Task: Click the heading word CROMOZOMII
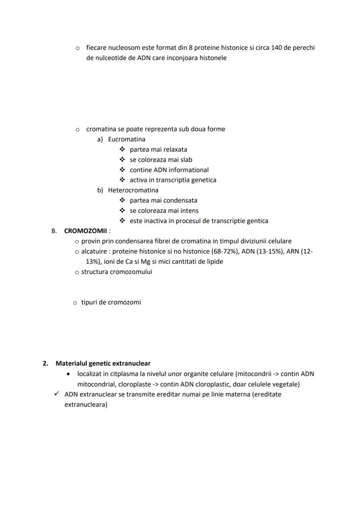(85, 231)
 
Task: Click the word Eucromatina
(127, 140)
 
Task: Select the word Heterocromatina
(133, 190)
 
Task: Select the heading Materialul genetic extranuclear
(103, 363)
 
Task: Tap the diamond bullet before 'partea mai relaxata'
(122, 150)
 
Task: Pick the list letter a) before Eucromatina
(100, 140)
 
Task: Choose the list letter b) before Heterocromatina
(100, 190)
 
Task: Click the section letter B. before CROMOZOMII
(54, 231)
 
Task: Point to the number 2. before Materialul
(45, 363)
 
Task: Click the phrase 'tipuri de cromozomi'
(111, 303)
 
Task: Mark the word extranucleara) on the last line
(86, 405)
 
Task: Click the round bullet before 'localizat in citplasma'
(68, 374)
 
